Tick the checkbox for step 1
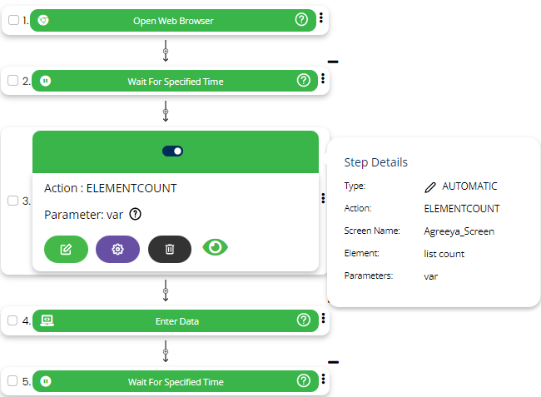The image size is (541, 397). (12, 20)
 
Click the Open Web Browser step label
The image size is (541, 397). (173, 20)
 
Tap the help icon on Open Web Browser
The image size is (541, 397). (303, 20)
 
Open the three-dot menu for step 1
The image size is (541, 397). (322, 20)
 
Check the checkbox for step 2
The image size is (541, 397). (12, 81)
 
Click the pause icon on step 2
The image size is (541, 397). (45, 81)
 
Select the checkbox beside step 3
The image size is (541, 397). (12, 201)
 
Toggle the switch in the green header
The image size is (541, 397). (173, 151)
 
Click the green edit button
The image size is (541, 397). (66, 249)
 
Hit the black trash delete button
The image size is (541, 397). (170, 249)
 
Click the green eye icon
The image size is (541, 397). (216, 247)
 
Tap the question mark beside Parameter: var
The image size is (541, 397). (136, 215)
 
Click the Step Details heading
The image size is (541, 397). (375, 162)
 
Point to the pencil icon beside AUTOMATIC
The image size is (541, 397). (429, 186)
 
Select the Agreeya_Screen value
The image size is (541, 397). (459, 231)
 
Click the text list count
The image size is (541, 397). (444, 253)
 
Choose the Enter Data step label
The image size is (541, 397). (176, 320)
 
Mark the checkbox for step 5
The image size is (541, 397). (12, 382)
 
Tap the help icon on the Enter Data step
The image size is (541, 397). (303, 320)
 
